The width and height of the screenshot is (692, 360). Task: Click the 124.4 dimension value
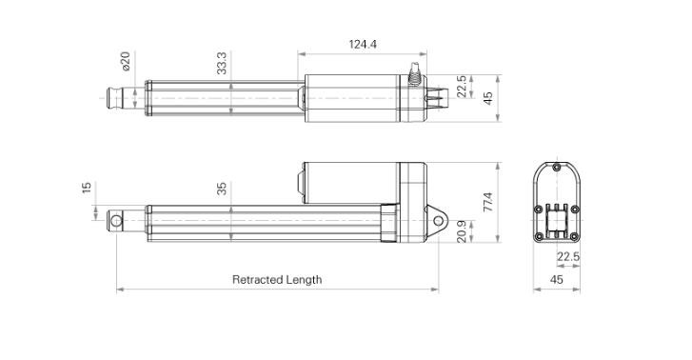tap(363, 44)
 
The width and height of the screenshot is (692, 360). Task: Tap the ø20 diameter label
tap(126, 61)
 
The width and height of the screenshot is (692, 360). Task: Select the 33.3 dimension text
tap(222, 63)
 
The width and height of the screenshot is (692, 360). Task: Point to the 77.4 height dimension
tap(487, 202)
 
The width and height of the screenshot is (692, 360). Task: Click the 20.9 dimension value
tap(462, 231)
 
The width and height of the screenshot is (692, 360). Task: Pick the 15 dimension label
tap(87, 188)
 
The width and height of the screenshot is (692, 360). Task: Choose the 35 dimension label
tap(222, 189)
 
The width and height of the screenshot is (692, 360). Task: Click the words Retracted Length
tap(277, 280)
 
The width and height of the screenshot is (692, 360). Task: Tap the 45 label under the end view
tap(557, 280)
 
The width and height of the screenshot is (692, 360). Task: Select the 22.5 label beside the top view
tap(462, 86)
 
